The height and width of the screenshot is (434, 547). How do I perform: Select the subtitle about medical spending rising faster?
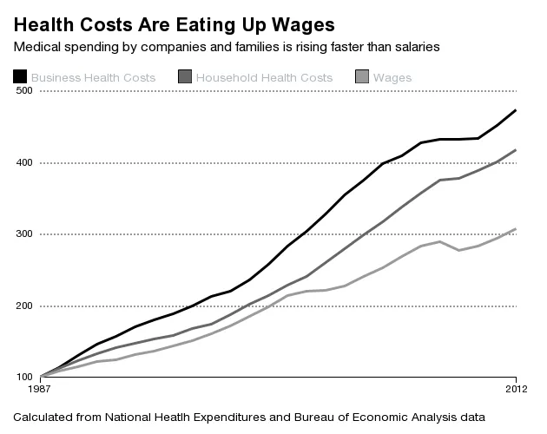[x=227, y=46]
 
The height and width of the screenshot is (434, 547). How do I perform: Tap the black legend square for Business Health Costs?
[x=20, y=78]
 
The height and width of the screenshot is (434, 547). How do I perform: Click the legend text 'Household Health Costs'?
[x=264, y=78]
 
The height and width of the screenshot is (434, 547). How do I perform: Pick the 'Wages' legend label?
[x=392, y=78]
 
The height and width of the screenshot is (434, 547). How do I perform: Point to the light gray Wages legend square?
[x=361, y=78]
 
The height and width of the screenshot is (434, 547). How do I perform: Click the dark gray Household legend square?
[x=184, y=78]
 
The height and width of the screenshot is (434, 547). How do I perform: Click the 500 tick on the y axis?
[x=23, y=91]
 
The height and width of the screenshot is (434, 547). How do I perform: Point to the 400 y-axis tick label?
[x=23, y=163]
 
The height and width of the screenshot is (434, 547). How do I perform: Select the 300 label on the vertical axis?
[x=23, y=234]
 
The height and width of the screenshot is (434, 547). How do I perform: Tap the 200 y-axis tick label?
[x=23, y=306]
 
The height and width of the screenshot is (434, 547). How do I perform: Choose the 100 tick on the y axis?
[x=23, y=378]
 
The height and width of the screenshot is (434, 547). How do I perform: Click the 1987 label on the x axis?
[x=42, y=386]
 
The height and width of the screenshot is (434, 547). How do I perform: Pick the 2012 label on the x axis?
[x=517, y=386]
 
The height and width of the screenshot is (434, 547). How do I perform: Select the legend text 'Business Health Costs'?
[x=93, y=78]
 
